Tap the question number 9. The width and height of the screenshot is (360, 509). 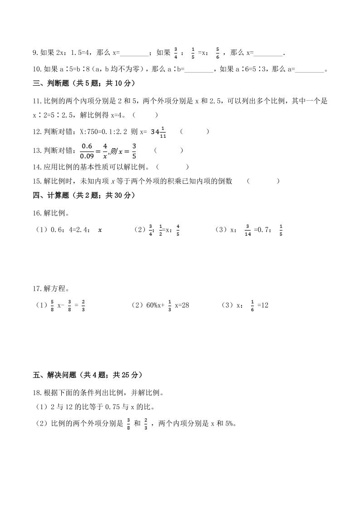(x=35, y=53)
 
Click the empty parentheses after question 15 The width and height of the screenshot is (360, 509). (x=264, y=181)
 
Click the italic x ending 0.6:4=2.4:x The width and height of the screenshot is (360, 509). (x=100, y=230)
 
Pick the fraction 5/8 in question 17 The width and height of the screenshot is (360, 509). (x=52, y=305)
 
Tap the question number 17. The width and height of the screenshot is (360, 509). (x=38, y=289)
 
